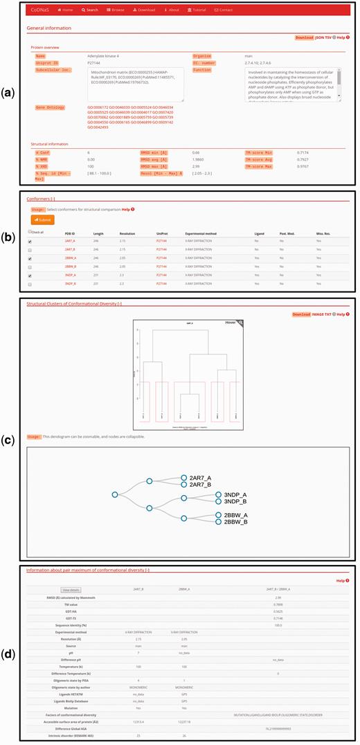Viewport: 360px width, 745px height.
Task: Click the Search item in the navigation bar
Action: [x=89, y=10]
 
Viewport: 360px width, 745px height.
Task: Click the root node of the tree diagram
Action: [x=115, y=494]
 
